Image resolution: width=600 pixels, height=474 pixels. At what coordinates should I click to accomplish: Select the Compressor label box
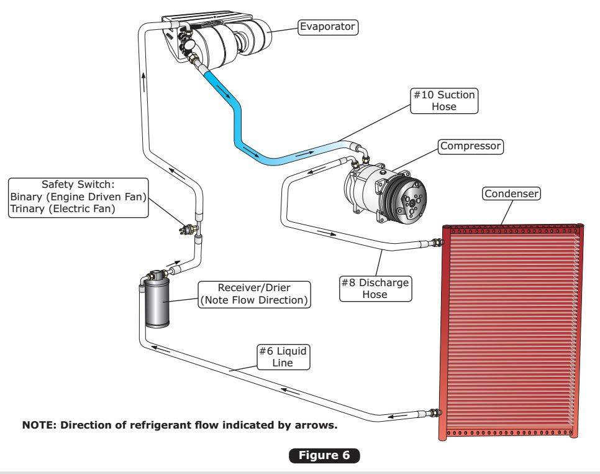coord(470,147)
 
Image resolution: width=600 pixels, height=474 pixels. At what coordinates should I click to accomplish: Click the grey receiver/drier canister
coord(157,304)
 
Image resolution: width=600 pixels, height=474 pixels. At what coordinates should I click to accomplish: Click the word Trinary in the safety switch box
coord(28,210)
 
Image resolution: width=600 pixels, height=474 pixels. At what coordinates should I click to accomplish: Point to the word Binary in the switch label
coord(27,198)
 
